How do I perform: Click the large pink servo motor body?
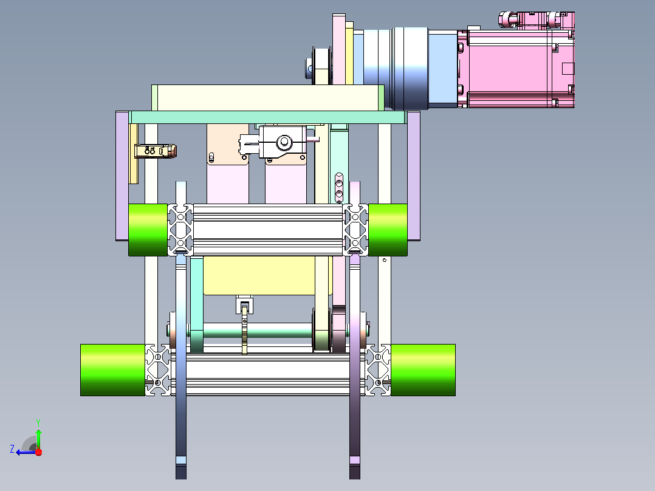click(516, 69)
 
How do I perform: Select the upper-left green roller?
click(148, 230)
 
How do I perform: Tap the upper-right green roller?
click(388, 230)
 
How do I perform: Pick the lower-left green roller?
click(113, 370)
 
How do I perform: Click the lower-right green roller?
click(423, 370)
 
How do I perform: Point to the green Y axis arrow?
click(38, 436)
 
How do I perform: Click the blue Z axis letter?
click(12, 449)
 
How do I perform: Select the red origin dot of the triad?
click(38, 452)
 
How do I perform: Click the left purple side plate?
click(122, 176)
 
